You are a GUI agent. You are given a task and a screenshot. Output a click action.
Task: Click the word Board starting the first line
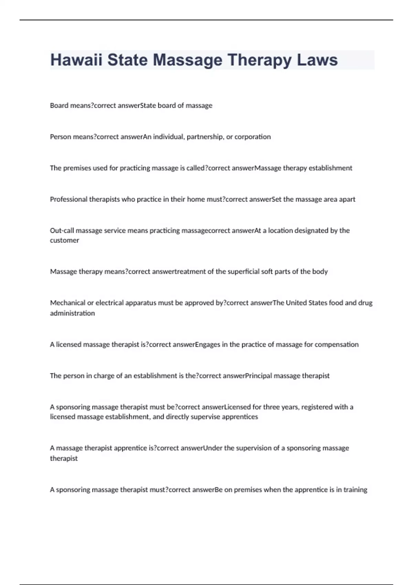[59, 105]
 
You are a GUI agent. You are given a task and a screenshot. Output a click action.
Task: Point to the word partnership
[205, 137]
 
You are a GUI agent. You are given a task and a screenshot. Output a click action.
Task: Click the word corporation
[253, 137]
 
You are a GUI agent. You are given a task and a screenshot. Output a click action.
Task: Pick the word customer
[64, 240]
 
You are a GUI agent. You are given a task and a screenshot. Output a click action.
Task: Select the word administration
[72, 313]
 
